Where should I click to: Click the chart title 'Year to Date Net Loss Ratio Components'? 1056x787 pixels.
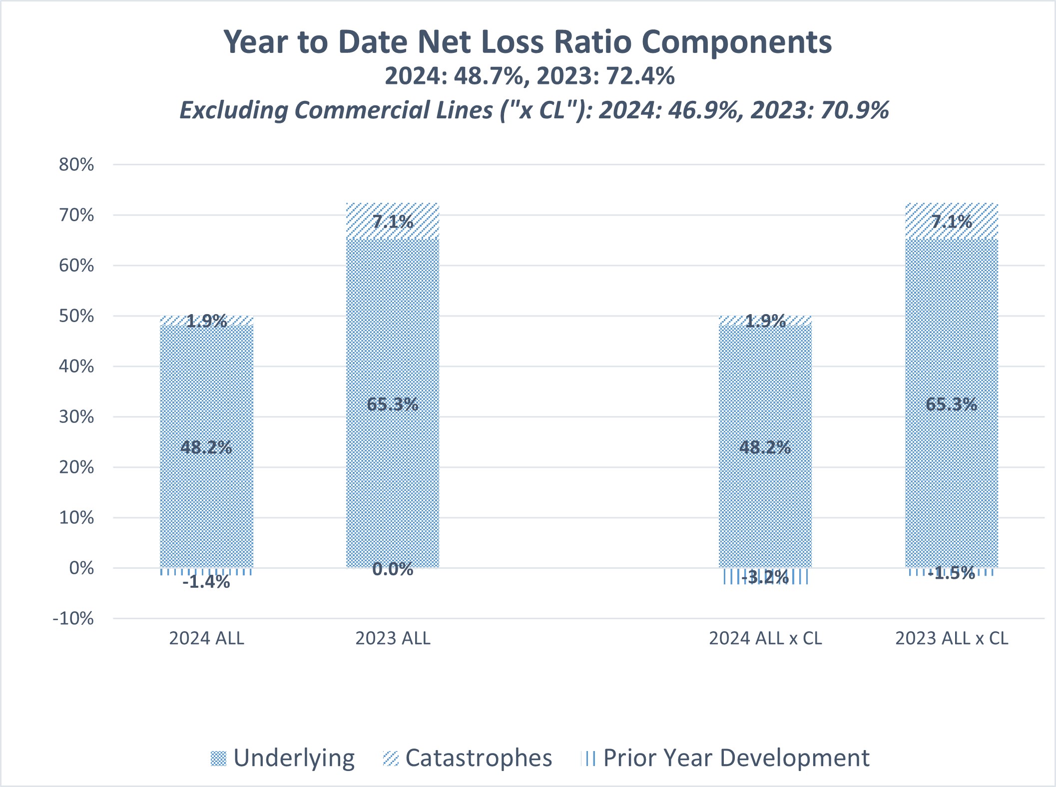tap(528, 42)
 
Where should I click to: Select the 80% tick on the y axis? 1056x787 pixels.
tap(76, 165)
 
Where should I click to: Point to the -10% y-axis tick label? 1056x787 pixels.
tap(73, 619)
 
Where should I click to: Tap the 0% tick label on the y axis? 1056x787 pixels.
tap(81, 568)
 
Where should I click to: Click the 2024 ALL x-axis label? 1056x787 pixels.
tap(206, 639)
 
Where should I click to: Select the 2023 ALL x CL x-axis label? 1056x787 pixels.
tap(952, 639)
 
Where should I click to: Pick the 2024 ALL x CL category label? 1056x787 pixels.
tap(765, 639)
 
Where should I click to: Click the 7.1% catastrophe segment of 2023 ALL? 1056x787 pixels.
tap(393, 221)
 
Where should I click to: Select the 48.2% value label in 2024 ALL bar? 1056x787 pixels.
tap(206, 447)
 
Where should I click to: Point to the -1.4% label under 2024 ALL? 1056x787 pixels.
tap(206, 582)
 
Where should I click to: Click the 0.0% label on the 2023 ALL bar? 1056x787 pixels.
tap(393, 569)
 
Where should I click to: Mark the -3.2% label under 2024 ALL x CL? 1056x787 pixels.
tap(765, 578)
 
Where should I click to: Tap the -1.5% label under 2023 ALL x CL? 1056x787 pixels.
tap(952, 573)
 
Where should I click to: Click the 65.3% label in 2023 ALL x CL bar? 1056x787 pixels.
tap(952, 404)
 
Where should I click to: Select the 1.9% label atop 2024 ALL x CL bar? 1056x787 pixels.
tap(765, 321)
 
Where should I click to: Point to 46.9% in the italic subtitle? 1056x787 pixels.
tap(703, 110)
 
